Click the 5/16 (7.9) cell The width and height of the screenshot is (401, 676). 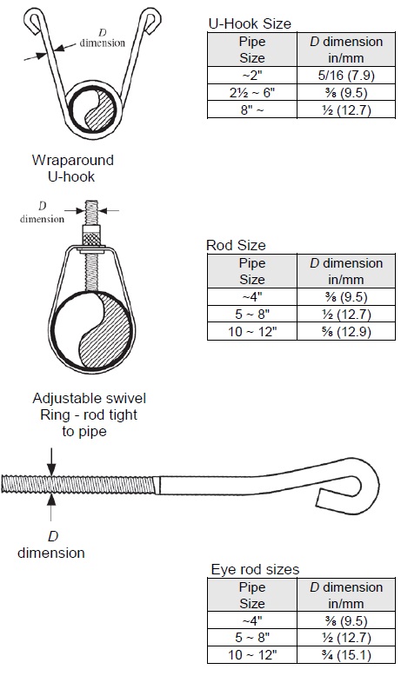(346, 76)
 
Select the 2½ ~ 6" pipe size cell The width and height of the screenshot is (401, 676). (252, 93)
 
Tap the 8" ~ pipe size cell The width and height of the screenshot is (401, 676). (252, 110)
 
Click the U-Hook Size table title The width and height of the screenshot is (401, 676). (250, 23)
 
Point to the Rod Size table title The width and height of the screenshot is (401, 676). (236, 245)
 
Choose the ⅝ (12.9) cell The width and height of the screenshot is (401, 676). (346, 332)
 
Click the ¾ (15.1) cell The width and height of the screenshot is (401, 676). (346, 655)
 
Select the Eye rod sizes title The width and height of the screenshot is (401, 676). (255, 569)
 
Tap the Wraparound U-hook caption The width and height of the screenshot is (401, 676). (72, 169)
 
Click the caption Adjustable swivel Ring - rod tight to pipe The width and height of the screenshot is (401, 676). (89, 414)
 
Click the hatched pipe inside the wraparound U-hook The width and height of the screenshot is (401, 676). (92, 111)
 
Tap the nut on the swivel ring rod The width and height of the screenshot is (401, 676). (91, 235)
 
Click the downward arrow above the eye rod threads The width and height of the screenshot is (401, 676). (51, 461)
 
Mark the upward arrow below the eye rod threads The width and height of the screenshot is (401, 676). (51, 507)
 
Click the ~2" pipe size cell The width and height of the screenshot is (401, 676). (252, 76)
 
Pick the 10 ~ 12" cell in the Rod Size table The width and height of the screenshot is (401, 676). (252, 332)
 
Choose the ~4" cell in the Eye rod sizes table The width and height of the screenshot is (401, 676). (252, 620)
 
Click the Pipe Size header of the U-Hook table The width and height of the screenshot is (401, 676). (252, 50)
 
